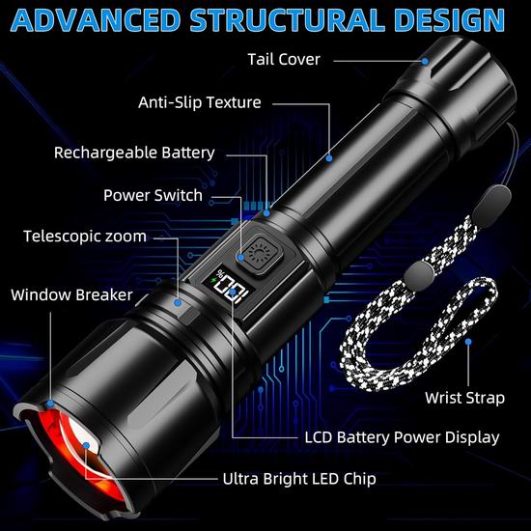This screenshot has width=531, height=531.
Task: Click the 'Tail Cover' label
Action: [x=284, y=60]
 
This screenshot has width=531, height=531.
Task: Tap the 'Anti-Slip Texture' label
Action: [x=200, y=102]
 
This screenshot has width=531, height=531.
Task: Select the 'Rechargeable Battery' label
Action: [x=134, y=153]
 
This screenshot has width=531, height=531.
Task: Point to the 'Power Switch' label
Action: [x=153, y=195]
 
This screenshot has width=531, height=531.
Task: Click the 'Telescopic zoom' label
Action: [x=85, y=237]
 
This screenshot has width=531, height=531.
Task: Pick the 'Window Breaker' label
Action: [x=71, y=294]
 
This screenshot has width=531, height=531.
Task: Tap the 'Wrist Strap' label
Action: [x=464, y=398]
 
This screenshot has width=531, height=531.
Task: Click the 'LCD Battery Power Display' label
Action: [x=402, y=437]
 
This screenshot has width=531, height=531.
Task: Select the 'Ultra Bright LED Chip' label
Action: [x=299, y=479]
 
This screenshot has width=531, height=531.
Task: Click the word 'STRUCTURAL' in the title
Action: [x=287, y=19]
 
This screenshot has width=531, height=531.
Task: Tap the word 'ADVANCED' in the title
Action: [x=96, y=20]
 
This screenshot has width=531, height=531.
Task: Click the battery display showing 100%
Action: [x=231, y=286]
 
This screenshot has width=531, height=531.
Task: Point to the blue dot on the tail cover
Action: [x=425, y=61]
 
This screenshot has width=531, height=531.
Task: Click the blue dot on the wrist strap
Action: [x=468, y=342]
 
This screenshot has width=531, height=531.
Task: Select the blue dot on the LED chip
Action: [x=86, y=446]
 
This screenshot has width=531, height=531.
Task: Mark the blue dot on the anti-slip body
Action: [x=329, y=158]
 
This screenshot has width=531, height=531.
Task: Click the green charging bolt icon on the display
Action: [x=213, y=280]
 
